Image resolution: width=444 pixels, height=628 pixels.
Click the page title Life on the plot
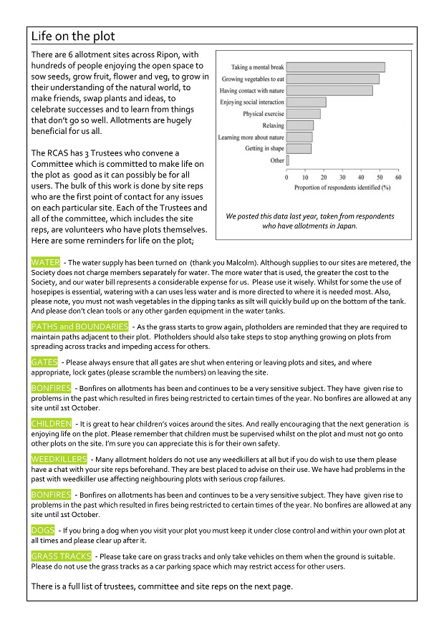pos(73,37)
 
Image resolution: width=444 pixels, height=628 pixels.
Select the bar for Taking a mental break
pos(336,67)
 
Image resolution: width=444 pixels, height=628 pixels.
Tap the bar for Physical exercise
pos(304,114)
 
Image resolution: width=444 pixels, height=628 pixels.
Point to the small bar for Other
pos(288,160)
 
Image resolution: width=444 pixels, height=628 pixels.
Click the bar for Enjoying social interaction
pos(307,102)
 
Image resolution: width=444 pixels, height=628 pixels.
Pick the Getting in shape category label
pos(264,149)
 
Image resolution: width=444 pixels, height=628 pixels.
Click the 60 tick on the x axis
pos(398,178)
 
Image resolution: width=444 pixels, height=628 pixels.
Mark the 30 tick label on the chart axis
pos(342,178)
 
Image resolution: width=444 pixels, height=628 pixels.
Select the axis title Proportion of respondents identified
pos(342,188)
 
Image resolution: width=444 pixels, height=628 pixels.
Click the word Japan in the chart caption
pos(344,226)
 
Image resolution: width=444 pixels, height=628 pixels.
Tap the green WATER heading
pos(46,263)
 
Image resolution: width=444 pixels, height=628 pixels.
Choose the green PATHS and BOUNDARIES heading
pos(79,327)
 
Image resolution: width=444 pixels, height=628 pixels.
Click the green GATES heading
pos(44,362)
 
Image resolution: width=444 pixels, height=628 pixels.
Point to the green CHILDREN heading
pos(52,424)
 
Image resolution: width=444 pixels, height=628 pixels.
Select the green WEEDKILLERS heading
pos(59,459)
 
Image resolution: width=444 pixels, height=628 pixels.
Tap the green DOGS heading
pos(42,531)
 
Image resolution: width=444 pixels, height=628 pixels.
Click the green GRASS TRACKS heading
pos(61,556)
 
